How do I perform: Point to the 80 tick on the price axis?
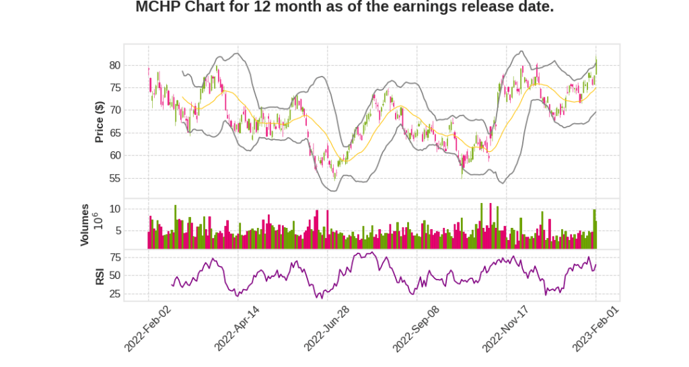[x=114, y=65]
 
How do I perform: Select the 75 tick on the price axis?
[x=114, y=87]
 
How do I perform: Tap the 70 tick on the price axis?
[x=114, y=110]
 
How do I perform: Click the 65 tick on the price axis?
[x=114, y=133]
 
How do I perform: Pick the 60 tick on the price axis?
[x=114, y=155]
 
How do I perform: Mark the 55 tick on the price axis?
[x=114, y=178]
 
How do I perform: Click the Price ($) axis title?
[x=99, y=122]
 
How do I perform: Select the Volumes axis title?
[x=85, y=225]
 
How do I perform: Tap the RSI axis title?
[x=99, y=276]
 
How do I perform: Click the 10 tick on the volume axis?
[x=114, y=209]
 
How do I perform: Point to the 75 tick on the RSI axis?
[x=114, y=257]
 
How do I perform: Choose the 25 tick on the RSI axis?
[x=114, y=294]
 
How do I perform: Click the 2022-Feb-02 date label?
[x=148, y=327]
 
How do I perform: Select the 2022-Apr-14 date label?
[x=238, y=327]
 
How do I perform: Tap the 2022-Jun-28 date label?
[x=327, y=327]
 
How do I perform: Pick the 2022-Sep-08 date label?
[x=416, y=327]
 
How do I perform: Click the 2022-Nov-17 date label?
[x=506, y=327]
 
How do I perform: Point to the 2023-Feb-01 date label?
[x=595, y=327]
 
